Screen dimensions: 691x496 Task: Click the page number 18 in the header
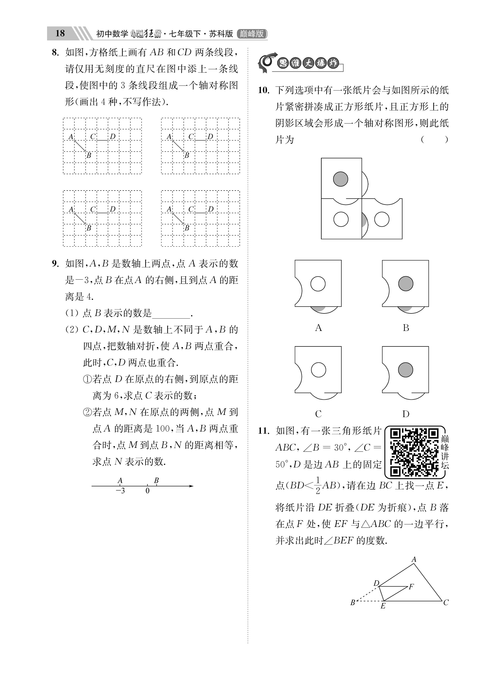click(x=60, y=33)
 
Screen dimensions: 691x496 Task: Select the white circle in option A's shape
click(x=318, y=284)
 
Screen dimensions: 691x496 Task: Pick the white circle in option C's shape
click(x=318, y=370)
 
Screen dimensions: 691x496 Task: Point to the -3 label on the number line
click(x=120, y=491)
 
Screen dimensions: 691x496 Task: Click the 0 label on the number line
click(x=148, y=491)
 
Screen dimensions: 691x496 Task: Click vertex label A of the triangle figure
click(x=414, y=559)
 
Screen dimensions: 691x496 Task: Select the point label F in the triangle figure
click(x=411, y=586)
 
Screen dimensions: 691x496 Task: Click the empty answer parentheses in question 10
click(x=434, y=140)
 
